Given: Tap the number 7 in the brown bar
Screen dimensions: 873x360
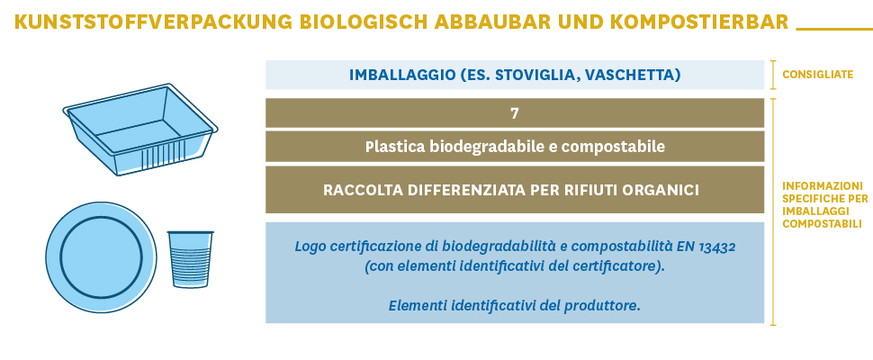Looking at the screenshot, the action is pyautogui.click(x=515, y=113).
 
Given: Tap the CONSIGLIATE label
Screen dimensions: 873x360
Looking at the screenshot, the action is pyautogui.click(x=817, y=75).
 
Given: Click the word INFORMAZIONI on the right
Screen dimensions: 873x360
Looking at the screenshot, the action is pyautogui.click(x=823, y=185).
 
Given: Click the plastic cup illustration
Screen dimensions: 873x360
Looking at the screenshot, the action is pyautogui.click(x=191, y=259).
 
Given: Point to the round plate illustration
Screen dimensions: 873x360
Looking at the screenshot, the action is pyautogui.click(x=101, y=257).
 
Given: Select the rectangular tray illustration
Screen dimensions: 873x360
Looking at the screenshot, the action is pyautogui.click(x=140, y=130).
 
